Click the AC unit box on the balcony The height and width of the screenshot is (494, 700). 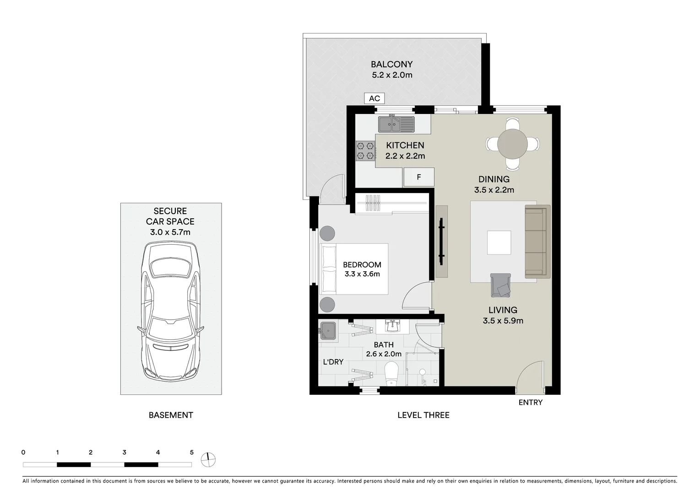click(x=374, y=98)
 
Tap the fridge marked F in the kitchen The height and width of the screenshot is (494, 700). click(x=418, y=177)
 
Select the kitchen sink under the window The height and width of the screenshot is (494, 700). click(x=396, y=124)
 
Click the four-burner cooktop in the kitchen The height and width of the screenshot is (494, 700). click(x=366, y=151)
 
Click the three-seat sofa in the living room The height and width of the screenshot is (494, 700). click(x=537, y=242)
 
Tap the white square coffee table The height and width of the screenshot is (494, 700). click(x=499, y=242)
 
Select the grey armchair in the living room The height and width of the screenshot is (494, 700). click(x=501, y=285)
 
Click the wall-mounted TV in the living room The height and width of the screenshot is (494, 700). click(x=441, y=241)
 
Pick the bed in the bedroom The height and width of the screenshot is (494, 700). click(x=354, y=268)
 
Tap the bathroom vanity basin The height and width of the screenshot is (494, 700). click(x=392, y=327)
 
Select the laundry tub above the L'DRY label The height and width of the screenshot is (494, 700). click(x=328, y=331)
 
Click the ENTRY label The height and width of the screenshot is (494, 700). click(x=530, y=403)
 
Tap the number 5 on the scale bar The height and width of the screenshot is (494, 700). click(x=191, y=452)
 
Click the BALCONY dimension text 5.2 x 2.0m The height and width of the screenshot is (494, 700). click(x=392, y=75)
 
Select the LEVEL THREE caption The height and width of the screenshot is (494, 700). click(x=423, y=415)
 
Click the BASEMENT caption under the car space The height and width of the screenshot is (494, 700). click(x=171, y=415)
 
